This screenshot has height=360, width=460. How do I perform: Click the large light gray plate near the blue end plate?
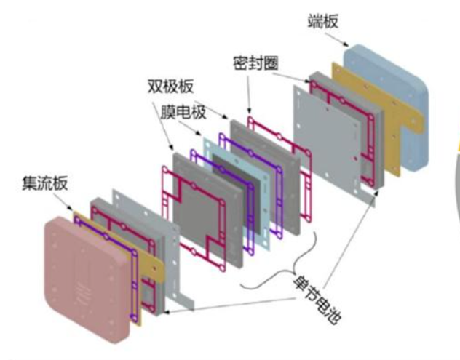[x=328, y=138]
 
